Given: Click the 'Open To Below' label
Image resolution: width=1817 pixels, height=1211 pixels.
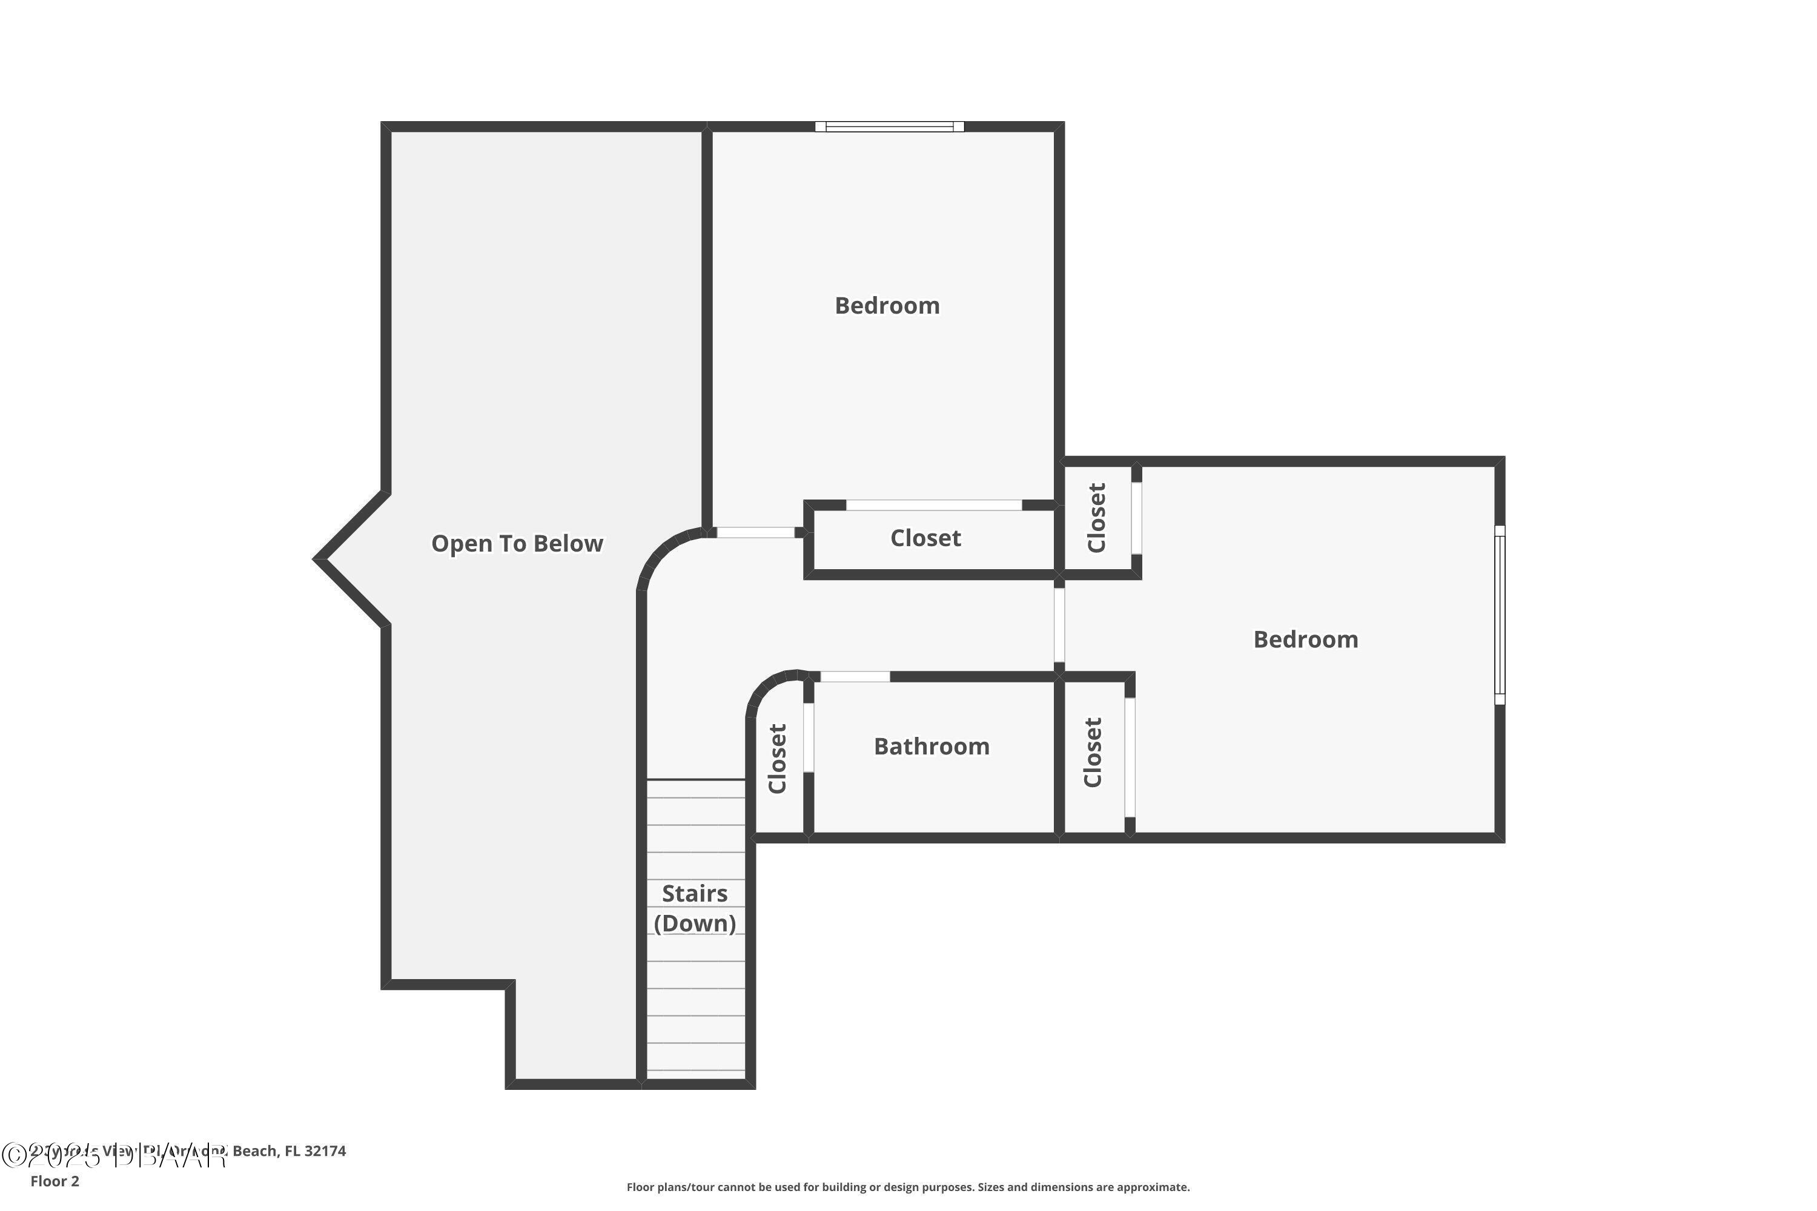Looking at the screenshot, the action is click(517, 544).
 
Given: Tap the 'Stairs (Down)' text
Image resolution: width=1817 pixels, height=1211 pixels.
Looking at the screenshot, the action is click(695, 908).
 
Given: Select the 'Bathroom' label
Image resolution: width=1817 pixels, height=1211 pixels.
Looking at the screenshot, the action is click(931, 747).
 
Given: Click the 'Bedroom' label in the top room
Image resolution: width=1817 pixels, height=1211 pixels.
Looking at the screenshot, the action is click(887, 306).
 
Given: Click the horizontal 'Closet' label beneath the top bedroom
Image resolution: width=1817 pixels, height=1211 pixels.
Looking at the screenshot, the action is click(925, 538).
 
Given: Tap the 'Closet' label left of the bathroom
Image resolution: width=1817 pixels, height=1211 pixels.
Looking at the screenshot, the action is click(777, 759).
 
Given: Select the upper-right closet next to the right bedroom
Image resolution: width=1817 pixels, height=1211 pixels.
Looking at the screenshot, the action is click(1096, 518).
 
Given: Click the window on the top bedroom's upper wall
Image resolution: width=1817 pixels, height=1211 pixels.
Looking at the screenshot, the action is click(889, 127).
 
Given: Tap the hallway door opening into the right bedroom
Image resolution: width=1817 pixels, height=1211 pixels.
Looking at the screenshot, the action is click(1059, 624).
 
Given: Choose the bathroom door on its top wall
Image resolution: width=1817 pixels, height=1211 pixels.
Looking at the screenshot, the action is click(855, 676).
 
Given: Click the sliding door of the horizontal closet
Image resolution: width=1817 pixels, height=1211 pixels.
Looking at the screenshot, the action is click(933, 505).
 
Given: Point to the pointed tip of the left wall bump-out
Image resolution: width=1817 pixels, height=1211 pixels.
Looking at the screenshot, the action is click(317, 559).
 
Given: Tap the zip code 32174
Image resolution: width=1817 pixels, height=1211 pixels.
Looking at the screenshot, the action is click(325, 1151).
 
